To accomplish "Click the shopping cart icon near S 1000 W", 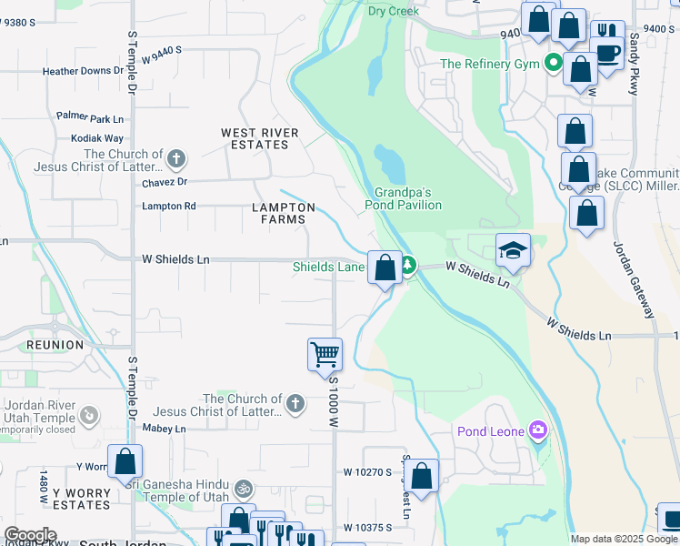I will coord(325,353).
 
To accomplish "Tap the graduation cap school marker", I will coord(513,250).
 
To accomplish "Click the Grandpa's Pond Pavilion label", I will coord(408,198).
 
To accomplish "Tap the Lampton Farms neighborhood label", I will coord(284,213).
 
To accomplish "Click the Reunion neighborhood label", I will coord(29,346).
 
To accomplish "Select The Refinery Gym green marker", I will coord(552,64).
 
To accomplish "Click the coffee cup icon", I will coord(606,52).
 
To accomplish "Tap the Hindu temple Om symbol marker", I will coord(243,489).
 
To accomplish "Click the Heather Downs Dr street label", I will coord(83,71).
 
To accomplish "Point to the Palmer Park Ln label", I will coord(89,117).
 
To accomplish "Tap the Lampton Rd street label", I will coord(168,207).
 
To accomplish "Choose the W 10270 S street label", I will coord(367,472).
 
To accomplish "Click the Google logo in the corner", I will coord(30,535).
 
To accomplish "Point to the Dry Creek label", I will coord(394,11).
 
